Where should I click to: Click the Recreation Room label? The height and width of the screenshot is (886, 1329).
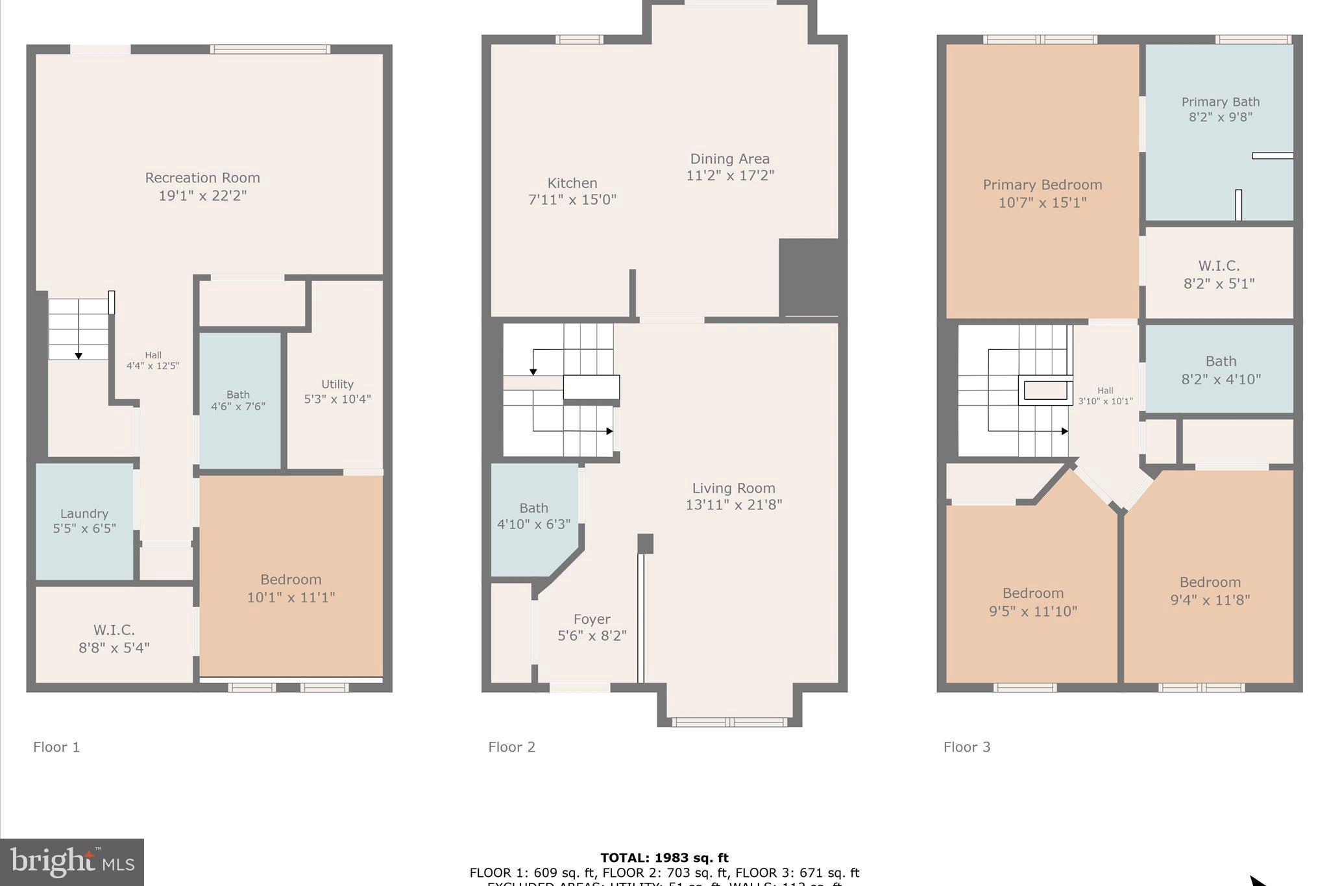coord(202,178)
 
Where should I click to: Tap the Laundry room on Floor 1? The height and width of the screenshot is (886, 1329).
coord(84,521)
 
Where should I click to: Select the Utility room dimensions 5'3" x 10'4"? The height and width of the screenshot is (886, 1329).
coord(337,399)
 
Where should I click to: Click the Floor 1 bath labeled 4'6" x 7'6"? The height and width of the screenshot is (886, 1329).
coord(238,400)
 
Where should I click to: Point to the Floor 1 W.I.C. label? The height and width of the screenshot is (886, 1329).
coord(114,630)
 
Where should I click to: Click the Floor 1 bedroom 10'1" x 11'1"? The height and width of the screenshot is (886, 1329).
coord(291,588)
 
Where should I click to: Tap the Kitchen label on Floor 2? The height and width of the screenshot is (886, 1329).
coord(572,184)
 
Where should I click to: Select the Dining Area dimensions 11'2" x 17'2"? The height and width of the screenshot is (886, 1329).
coord(730,175)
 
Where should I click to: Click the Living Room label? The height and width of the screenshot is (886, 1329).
coord(733,488)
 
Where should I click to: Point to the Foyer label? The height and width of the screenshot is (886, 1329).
coord(592,619)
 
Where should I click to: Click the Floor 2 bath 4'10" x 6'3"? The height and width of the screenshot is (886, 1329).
coord(533,515)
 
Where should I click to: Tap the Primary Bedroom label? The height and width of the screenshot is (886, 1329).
coord(1042,185)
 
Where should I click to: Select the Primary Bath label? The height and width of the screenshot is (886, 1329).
coord(1220,102)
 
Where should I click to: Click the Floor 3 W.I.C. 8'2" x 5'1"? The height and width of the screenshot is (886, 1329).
coord(1219,275)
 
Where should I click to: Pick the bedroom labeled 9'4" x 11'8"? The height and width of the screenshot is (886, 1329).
coord(1210,591)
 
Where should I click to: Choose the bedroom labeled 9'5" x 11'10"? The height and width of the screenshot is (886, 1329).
coord(1032,602)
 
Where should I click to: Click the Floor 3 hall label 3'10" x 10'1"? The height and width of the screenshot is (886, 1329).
coord(1105,396)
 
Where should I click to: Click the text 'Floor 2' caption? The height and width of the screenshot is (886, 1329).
coord(511,747)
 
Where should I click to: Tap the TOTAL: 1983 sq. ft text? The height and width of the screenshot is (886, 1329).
coord(664,858)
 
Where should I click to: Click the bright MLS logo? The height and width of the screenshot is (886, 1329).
coord(72,862)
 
